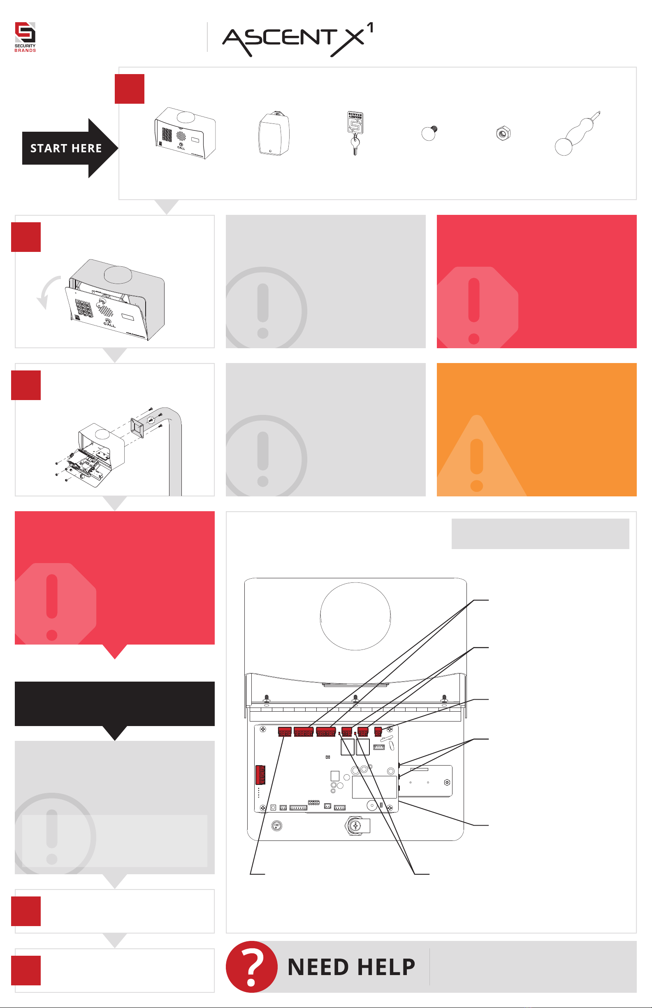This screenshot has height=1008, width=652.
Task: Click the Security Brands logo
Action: coord(25,37)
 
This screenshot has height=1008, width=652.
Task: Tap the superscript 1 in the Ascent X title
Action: coord(370,28)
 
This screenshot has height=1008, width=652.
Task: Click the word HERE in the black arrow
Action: coord(87,148)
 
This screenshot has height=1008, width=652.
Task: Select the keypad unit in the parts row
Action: coord(185,133)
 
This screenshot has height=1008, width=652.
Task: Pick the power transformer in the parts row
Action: coord(274,133)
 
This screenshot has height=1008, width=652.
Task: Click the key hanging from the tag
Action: coord(355,145)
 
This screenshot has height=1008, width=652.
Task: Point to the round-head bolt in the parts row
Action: coord(429,133)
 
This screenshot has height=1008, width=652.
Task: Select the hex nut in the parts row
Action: coord(503,133)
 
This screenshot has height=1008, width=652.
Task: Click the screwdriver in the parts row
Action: coord(578,133)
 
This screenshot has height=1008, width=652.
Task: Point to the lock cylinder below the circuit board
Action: coord(355,826)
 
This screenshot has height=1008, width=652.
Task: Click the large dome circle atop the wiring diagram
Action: coord(355,616)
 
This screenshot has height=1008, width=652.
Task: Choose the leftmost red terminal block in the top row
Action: coord(285,732)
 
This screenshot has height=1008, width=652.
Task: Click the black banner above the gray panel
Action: coord(115,703)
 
